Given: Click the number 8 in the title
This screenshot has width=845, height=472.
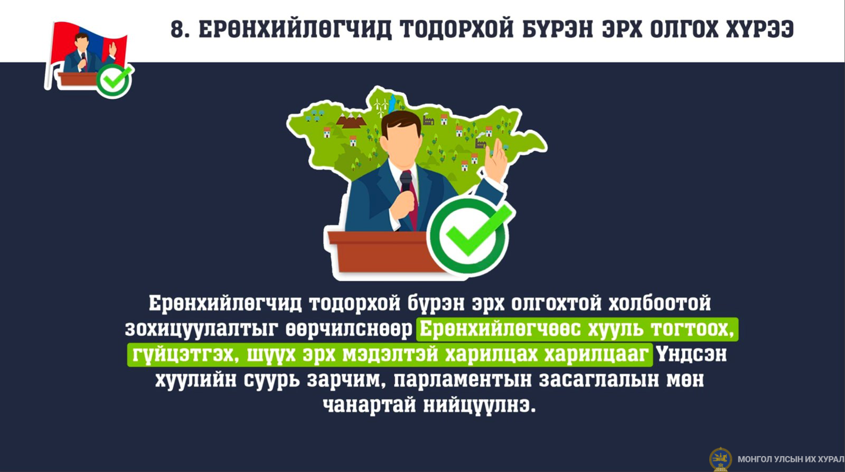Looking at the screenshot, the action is [177, 29].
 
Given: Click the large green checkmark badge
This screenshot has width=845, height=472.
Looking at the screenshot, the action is [471, 235].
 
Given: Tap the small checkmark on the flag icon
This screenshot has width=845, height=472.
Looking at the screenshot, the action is [114, 81].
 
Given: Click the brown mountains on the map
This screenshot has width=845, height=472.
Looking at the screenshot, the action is [351, 121].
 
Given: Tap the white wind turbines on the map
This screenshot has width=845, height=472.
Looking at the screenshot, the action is [381, 107].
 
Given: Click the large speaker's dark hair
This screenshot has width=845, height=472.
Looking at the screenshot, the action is [401, 123].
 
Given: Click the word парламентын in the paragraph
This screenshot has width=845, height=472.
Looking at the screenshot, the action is [463, 380].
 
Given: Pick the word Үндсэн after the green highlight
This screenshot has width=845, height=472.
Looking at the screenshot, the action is [691, 354].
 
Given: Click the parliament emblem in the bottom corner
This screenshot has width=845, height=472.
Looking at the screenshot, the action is [720, 459].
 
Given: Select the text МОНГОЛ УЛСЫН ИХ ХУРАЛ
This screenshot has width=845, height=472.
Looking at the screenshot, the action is [791, 459].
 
